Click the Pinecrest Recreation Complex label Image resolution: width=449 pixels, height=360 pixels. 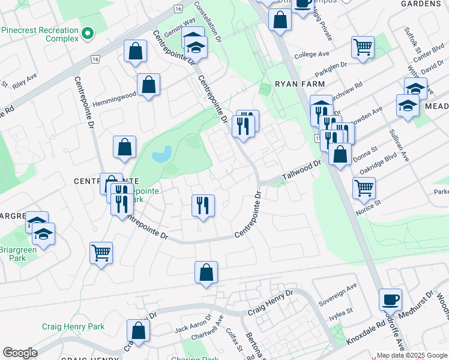tap(41, 35)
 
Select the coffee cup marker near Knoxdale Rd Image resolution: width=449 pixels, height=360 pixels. tap(390, 299)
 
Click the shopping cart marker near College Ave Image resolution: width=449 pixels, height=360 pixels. tap(363, 47)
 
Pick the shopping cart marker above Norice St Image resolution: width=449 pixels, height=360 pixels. tap(364, 188)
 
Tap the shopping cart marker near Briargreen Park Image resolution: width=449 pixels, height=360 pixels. tap(101, 252)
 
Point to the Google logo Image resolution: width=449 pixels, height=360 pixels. tap(20, 352)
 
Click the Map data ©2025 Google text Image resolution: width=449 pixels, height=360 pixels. tap(412, 355)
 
